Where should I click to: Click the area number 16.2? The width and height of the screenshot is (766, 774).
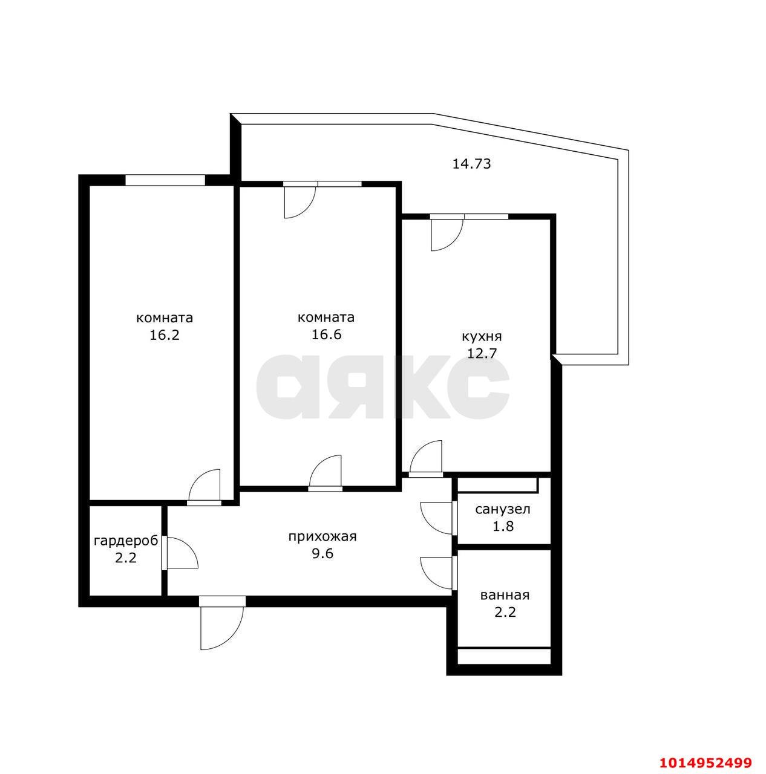point(164,334)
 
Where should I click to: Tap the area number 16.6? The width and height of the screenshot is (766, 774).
point(326,334)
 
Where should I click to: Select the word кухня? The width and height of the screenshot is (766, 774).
point(481,337)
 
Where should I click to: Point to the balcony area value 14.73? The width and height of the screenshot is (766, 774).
point(472,164)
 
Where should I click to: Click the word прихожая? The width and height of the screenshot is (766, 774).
point(322,536)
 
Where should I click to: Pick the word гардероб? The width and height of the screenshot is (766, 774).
point(126,541)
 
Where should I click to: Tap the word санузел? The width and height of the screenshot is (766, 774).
point(503,510)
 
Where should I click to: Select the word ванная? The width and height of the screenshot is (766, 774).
point(505,595)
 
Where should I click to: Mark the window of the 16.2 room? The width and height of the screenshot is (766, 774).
point(165,180)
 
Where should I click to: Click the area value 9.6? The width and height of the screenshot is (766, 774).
point(322,554)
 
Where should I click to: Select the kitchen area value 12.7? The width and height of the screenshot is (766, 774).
point(482,354)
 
